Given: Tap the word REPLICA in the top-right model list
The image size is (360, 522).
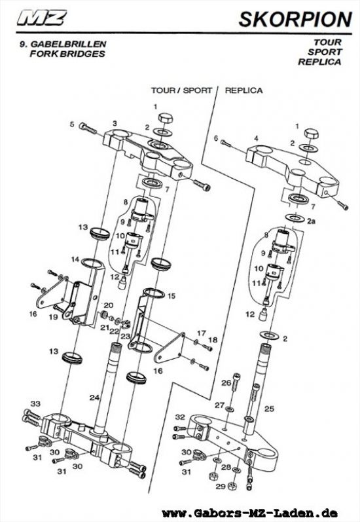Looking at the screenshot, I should tap(319, 62).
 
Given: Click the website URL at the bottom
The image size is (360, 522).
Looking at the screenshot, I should tap(259, 512).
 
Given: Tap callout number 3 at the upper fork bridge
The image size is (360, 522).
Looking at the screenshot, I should tap(115, 123).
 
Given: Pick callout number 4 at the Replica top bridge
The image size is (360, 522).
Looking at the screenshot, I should tap(257, 138).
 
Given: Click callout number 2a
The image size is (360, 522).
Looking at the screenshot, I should tap(312, 221).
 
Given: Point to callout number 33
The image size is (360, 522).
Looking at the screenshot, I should tap(35, 403).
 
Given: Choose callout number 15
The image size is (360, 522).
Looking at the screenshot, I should tap(171, 296).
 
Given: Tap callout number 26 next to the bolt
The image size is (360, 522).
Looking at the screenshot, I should tap(225, 382).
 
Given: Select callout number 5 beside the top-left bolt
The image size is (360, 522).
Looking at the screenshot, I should tap(72, 124).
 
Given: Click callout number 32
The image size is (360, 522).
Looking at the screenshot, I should tap(180, 417).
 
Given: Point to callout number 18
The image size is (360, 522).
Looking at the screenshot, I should tap(211, 340).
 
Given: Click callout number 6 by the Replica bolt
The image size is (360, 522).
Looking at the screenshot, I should tap(215, 138).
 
